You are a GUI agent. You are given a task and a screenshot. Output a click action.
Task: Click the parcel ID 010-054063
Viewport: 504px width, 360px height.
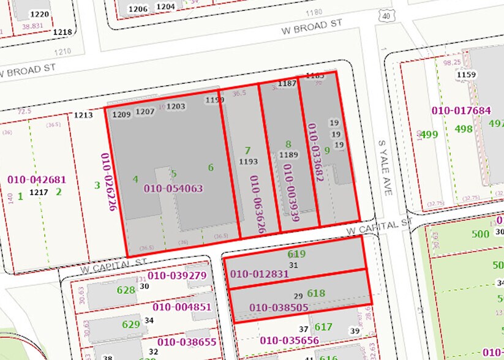pos(173,189)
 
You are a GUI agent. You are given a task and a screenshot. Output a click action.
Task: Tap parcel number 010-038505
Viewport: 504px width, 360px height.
pos(279,308)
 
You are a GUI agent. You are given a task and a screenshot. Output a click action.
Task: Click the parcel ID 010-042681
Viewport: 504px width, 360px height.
pos(36,180)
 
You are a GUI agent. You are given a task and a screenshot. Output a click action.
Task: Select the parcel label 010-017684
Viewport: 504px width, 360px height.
pos(461,111)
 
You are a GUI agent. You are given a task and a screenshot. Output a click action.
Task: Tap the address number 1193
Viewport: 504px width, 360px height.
pos(248,162)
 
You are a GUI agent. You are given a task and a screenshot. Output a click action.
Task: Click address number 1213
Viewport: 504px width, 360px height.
pos(83,114)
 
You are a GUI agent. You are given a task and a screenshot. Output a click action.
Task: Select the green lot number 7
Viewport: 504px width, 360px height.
pos(247,150)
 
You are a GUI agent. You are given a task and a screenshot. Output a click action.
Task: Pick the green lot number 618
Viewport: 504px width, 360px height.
pos(316,293)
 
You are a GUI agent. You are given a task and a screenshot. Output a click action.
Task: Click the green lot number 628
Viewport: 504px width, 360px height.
pos(126,290)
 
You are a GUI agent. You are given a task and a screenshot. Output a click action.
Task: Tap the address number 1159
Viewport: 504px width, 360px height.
pos(466,75)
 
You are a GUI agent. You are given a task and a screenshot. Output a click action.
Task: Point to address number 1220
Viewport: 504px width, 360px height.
pos(40,13)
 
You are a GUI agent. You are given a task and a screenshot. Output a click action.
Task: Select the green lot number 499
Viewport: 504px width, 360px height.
pos(429,134)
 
